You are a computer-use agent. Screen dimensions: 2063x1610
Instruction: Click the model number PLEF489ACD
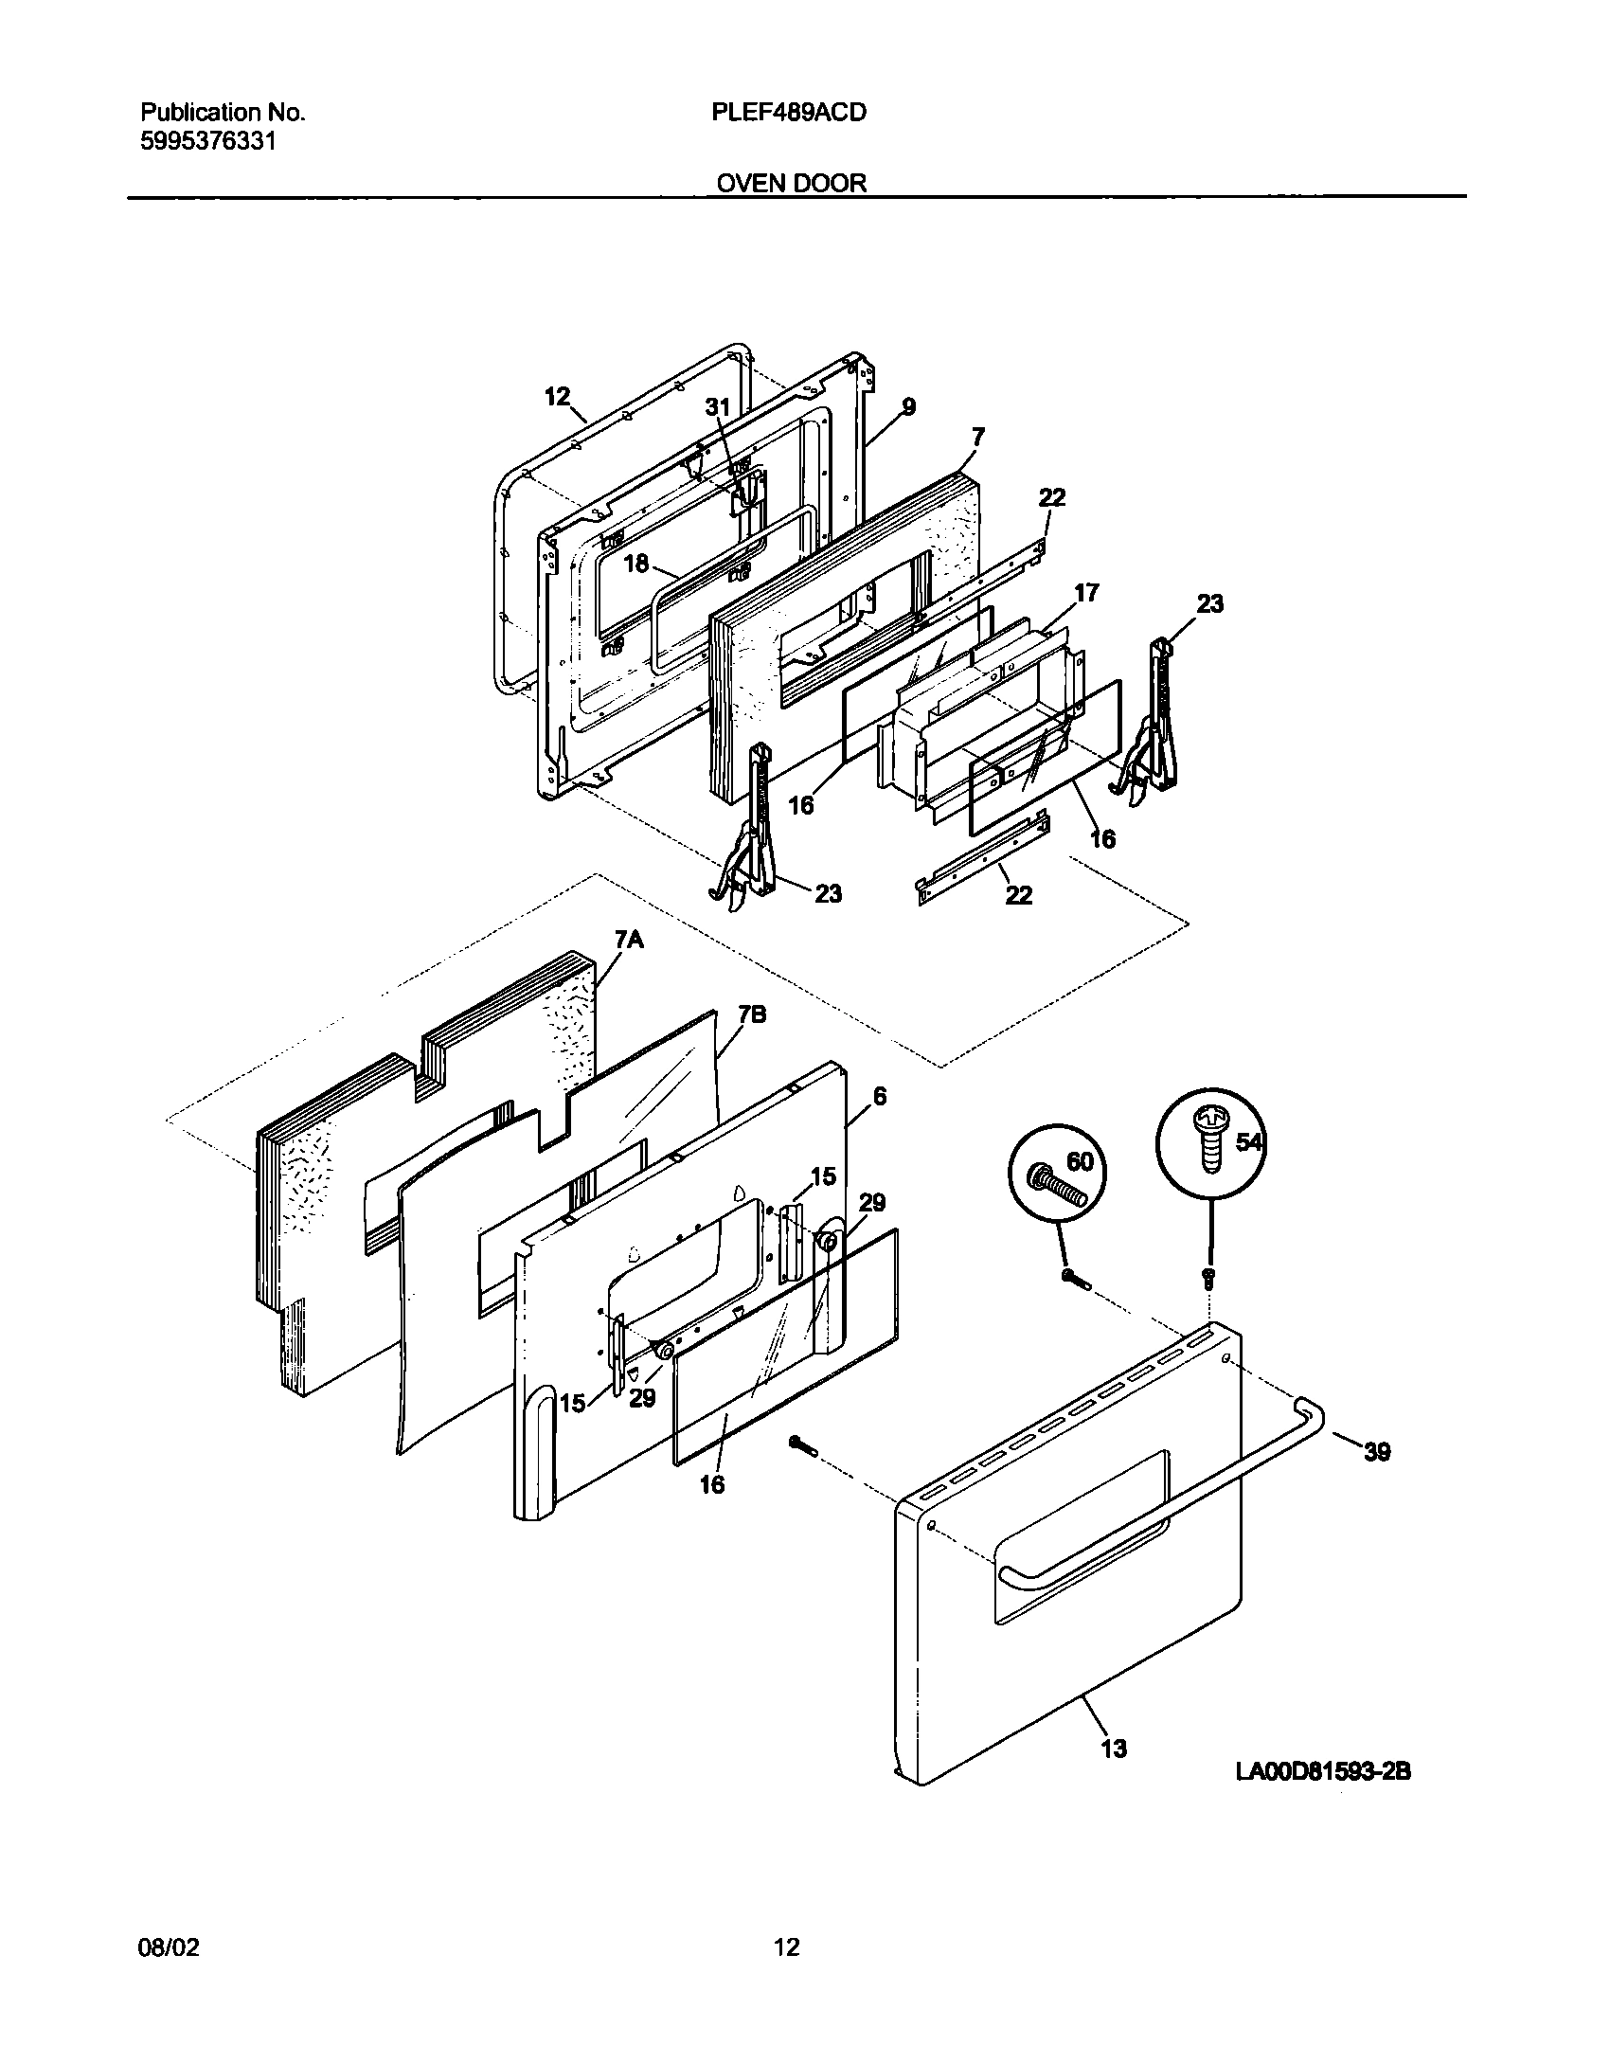(788, 113)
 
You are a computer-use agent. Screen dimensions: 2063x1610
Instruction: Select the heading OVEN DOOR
(791, 183)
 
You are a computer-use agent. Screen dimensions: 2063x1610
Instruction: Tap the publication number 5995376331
(208, 142)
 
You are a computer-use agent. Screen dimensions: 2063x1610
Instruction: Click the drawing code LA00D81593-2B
(1322, 1771)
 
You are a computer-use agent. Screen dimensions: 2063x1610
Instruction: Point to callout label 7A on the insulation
(629, 940)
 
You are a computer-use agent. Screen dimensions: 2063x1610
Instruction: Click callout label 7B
(752, 1015)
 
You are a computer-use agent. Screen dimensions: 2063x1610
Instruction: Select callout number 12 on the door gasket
(558, 396)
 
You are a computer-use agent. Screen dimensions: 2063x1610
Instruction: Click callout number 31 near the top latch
(718, 406)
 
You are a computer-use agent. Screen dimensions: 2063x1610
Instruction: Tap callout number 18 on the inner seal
(635, 564)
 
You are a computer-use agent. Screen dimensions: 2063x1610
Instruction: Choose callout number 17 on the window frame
(1085, 593)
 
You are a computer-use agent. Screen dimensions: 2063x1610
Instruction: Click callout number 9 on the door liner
(907, 407)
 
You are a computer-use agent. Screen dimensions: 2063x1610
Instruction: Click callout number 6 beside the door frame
(880, 1096)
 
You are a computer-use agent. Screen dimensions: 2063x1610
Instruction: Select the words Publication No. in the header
(223, 113)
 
